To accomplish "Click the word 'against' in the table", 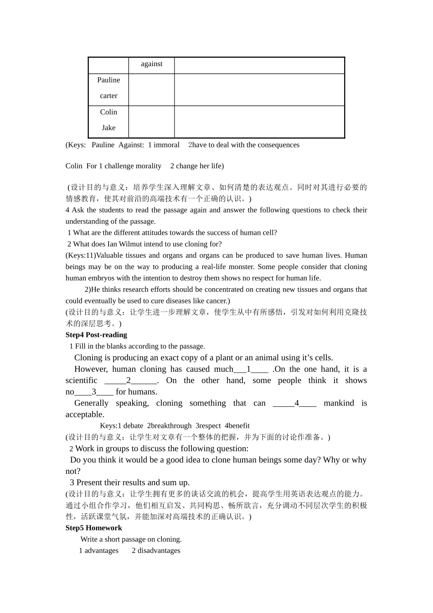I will click(x=151, y=64).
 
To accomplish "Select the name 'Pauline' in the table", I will click(x=108, y=80).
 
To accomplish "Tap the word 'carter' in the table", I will click(x=108, y=96).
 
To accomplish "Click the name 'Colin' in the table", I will click(x=108, y=112).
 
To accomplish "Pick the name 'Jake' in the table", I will click(x=108, y=128).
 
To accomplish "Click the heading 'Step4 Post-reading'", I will click(x=96, y=335).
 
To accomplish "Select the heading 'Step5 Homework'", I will click(x=93, y=528).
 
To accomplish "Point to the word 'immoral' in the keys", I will click(x=167, y=145).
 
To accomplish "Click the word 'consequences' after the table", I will click(x=278, y=145).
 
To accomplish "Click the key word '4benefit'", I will click(x=237, y=426).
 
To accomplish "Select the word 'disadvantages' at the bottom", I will click(x=156, y=551).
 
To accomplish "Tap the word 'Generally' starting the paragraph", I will click(x=91, y=403).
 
